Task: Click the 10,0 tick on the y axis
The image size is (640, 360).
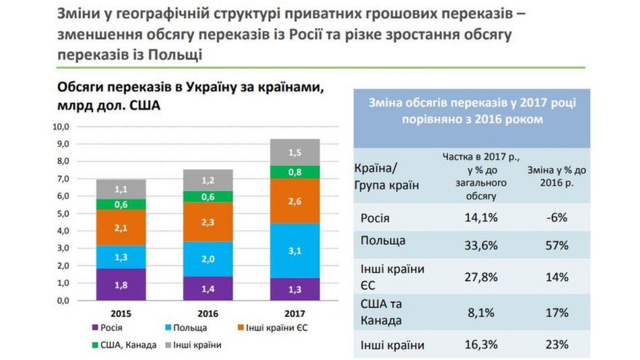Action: click(61, 126)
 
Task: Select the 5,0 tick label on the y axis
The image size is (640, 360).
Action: click(61, 214)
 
